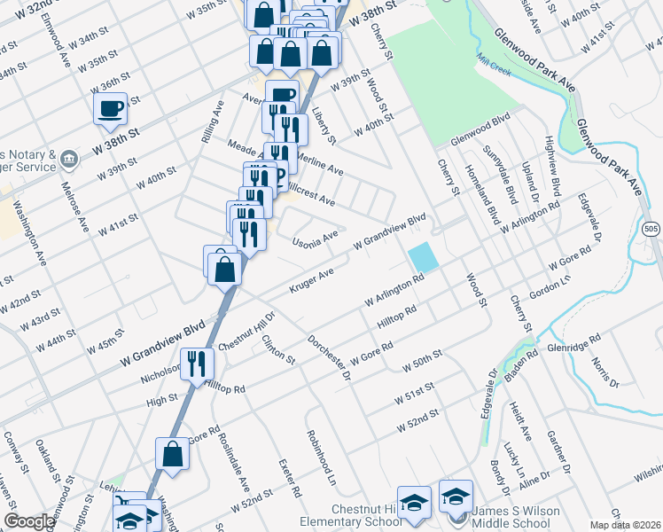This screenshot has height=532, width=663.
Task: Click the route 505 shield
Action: coord(651,230)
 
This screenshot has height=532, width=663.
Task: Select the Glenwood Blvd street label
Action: coord(481,129)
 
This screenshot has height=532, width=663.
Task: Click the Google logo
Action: coord(29,521)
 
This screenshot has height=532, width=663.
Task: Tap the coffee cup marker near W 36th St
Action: coord(111,109)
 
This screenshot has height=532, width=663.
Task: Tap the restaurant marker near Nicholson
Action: coord(197,364)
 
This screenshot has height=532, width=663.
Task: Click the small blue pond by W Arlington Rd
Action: coord(423,258)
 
